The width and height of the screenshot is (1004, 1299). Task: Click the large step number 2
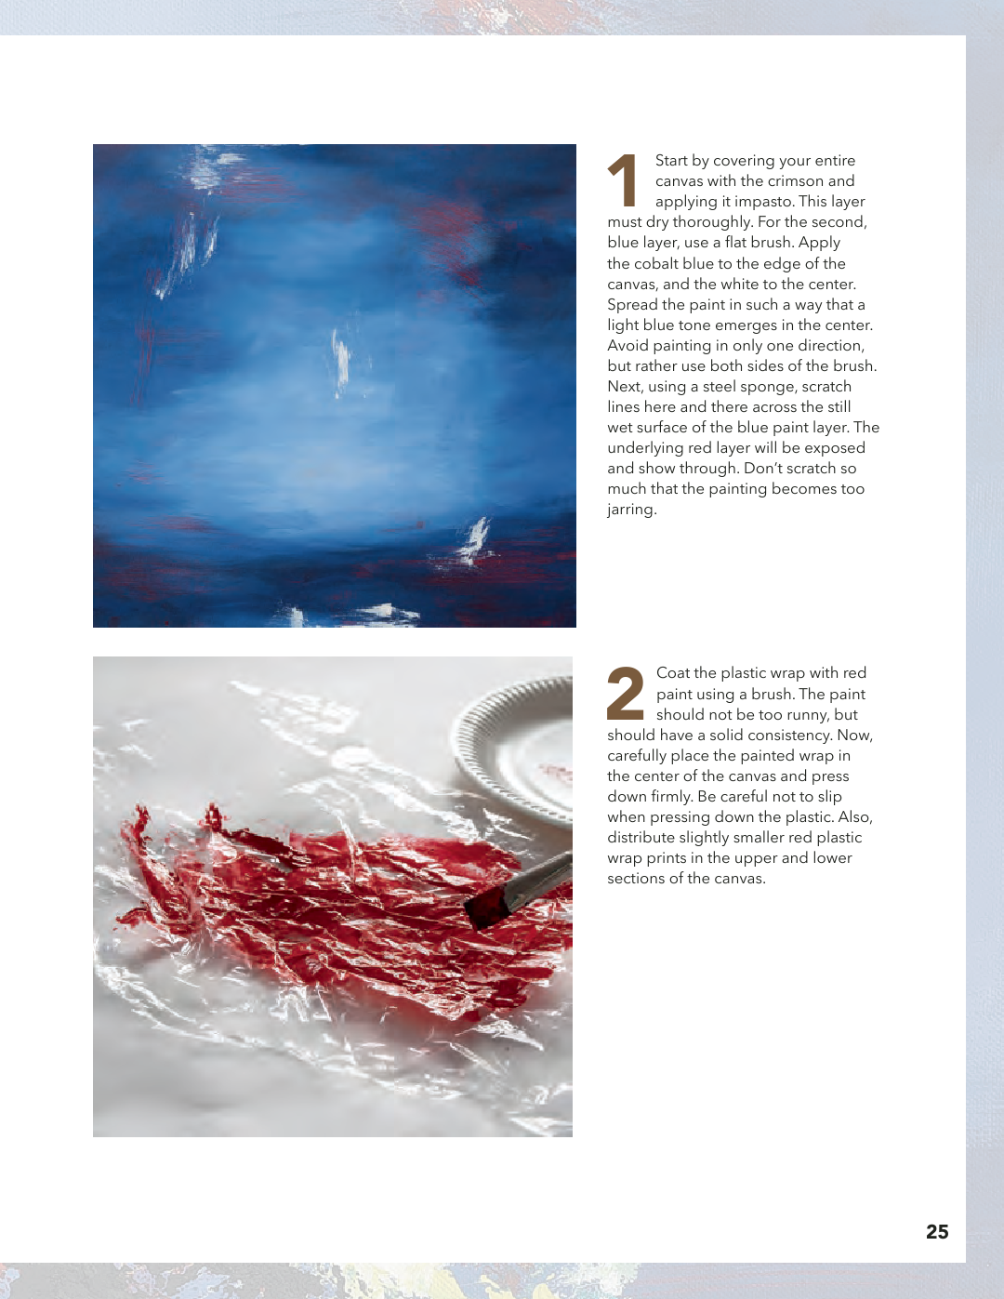click(x=625, y=693)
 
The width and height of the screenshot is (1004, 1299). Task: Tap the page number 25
click(x=937, y=1231)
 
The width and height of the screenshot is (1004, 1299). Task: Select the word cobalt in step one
click(x=654, y=264)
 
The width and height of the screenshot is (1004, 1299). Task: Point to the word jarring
click(x=632, y=510)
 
